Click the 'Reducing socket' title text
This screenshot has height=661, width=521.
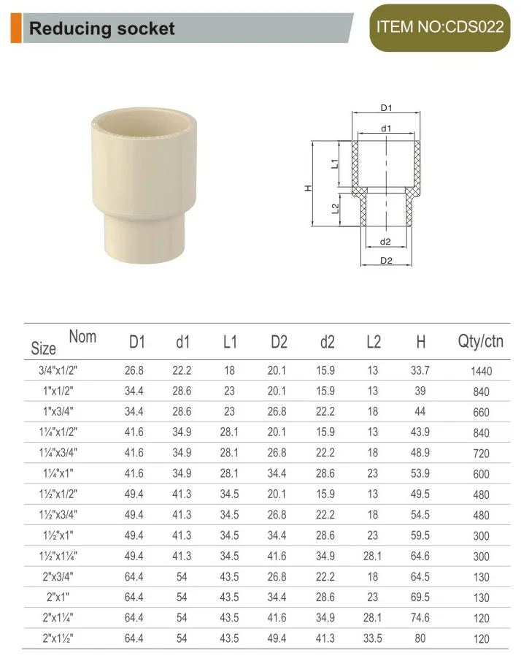click(x=101, y=29)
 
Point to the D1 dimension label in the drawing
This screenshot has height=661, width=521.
click(x=387, y=108)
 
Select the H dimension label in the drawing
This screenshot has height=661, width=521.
click(x=308, y=188)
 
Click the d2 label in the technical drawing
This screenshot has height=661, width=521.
click(x=386, y=242)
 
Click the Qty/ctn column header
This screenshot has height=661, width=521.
click(x=480, y=341)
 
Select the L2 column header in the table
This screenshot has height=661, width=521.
click(x=373, y=341)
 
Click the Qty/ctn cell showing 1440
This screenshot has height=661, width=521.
click(x=481, y=371)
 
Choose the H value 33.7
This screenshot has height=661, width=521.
click(x=420, y=370)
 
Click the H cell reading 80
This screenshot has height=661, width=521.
click(x=420, y=638)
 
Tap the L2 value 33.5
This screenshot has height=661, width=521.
click(x=373, y=638)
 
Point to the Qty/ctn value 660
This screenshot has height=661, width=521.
click(x=481, y=412)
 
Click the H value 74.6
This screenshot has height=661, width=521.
click(x=420, y=617)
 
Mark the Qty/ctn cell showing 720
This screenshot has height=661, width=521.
click(x=481, y=454)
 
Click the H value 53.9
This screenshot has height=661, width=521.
click(x=420, y=473)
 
